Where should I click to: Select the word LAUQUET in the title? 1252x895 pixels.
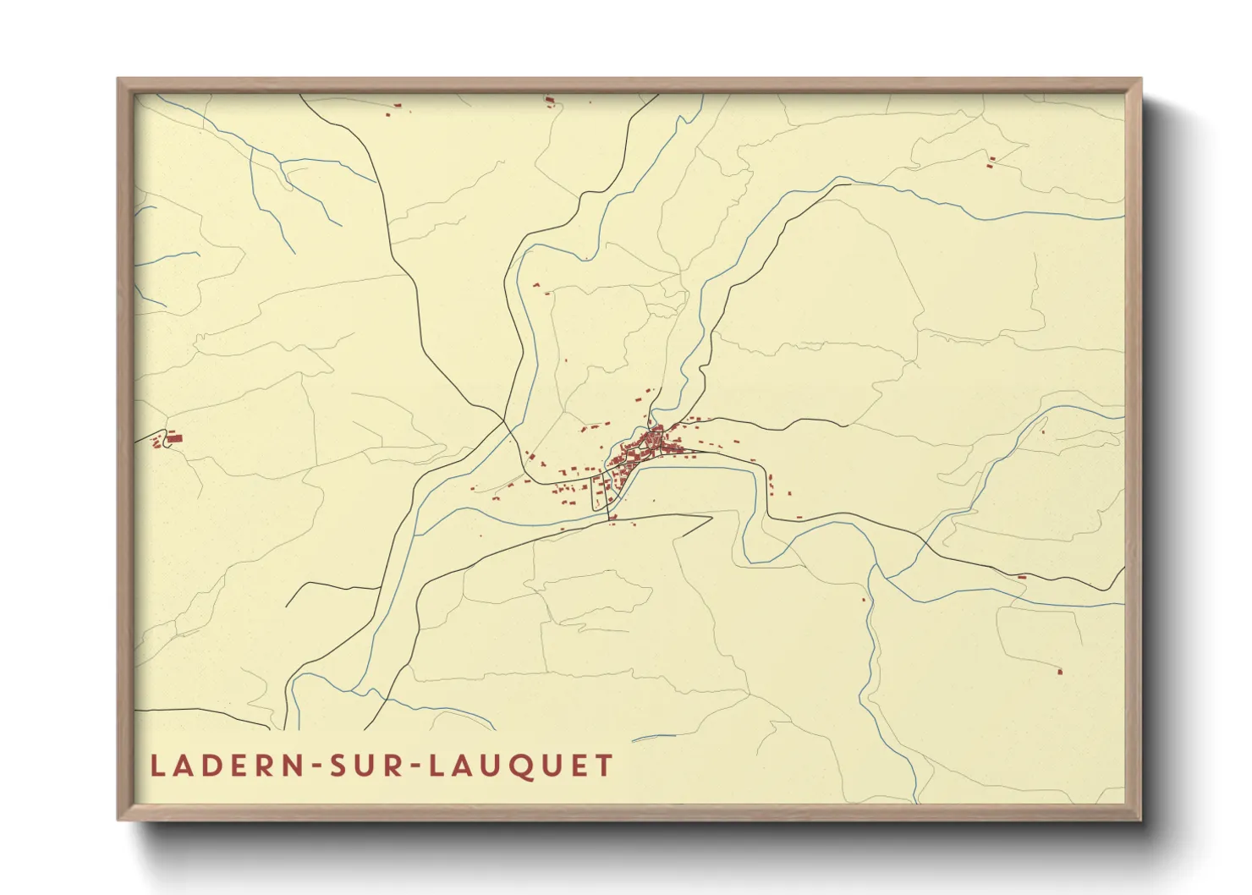pos(521,766)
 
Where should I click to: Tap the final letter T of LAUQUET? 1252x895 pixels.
pos(604,766)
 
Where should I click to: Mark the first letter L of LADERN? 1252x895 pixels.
pos(156,766)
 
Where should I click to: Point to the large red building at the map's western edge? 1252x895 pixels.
pos(174,437)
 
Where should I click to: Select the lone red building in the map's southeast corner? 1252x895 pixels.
pos(1060,672)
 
